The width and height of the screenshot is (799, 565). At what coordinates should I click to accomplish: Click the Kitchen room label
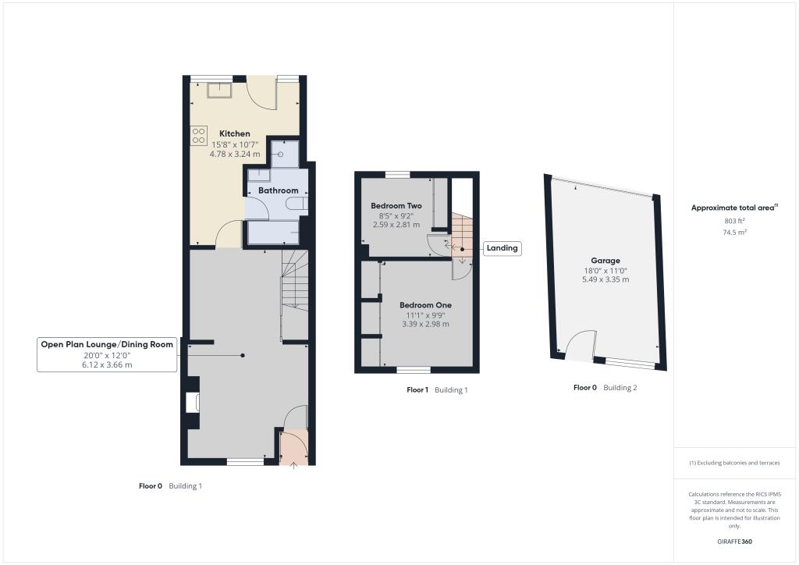[234, 133]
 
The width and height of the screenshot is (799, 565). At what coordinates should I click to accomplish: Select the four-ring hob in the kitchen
[197, 135]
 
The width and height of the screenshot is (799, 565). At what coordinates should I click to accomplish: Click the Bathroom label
[279, 190]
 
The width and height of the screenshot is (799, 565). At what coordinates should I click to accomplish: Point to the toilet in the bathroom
[297, 204]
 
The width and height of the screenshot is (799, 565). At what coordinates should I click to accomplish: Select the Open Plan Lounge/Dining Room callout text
[107, 344]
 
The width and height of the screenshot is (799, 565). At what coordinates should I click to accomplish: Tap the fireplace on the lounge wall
[193, 403]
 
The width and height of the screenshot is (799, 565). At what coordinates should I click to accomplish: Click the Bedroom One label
[425, 304]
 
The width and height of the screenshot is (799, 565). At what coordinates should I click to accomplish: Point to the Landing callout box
[502, 248]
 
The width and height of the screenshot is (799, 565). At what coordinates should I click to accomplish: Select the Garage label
[605, 261]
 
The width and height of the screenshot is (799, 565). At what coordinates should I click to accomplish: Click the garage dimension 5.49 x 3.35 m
[605, 279]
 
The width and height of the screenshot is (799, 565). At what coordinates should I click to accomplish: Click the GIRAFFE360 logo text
[735, 541]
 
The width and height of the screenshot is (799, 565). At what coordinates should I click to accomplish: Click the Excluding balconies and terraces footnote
[734, 463]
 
